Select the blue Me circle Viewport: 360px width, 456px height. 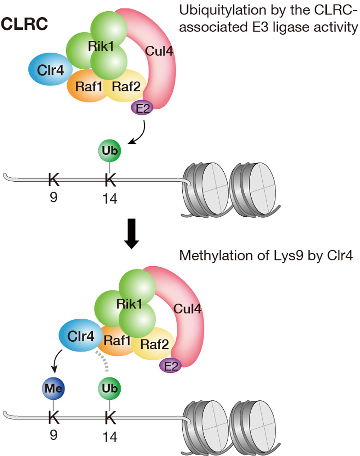(x=54, y=388)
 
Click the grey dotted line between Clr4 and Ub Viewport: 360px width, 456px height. (x=103, y=362)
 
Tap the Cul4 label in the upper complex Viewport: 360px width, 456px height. (x=159, y=51)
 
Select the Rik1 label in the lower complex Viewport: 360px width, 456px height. (x=130, y=303)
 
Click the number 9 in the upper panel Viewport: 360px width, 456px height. (x=54, y=198)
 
